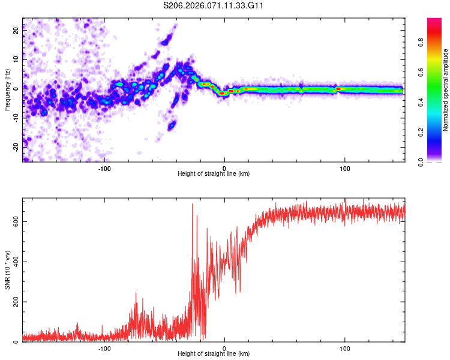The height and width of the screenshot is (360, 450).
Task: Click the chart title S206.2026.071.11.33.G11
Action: pyautogui.click(x=214, y=6)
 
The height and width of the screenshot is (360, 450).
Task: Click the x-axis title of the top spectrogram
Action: pyautogui.click(x=214, y=173)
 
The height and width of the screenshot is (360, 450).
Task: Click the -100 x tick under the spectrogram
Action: pyautogui.click(x=104, y=167)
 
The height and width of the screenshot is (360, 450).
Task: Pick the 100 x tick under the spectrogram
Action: pyautogui.click(x=345, y=167)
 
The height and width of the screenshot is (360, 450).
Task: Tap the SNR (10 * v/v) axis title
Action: pyautogui.click(x=8, y=270)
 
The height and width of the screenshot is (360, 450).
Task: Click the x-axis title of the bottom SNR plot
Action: pyautogui.click(x=214, y=353)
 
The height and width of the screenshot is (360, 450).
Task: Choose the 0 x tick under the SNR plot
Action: pyautogui.click(x=224, y=347)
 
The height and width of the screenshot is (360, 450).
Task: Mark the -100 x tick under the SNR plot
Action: pyautogui.click(x=104, y=347)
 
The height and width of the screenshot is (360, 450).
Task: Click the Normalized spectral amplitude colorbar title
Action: pyautogui.click(x=446, y=90)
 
